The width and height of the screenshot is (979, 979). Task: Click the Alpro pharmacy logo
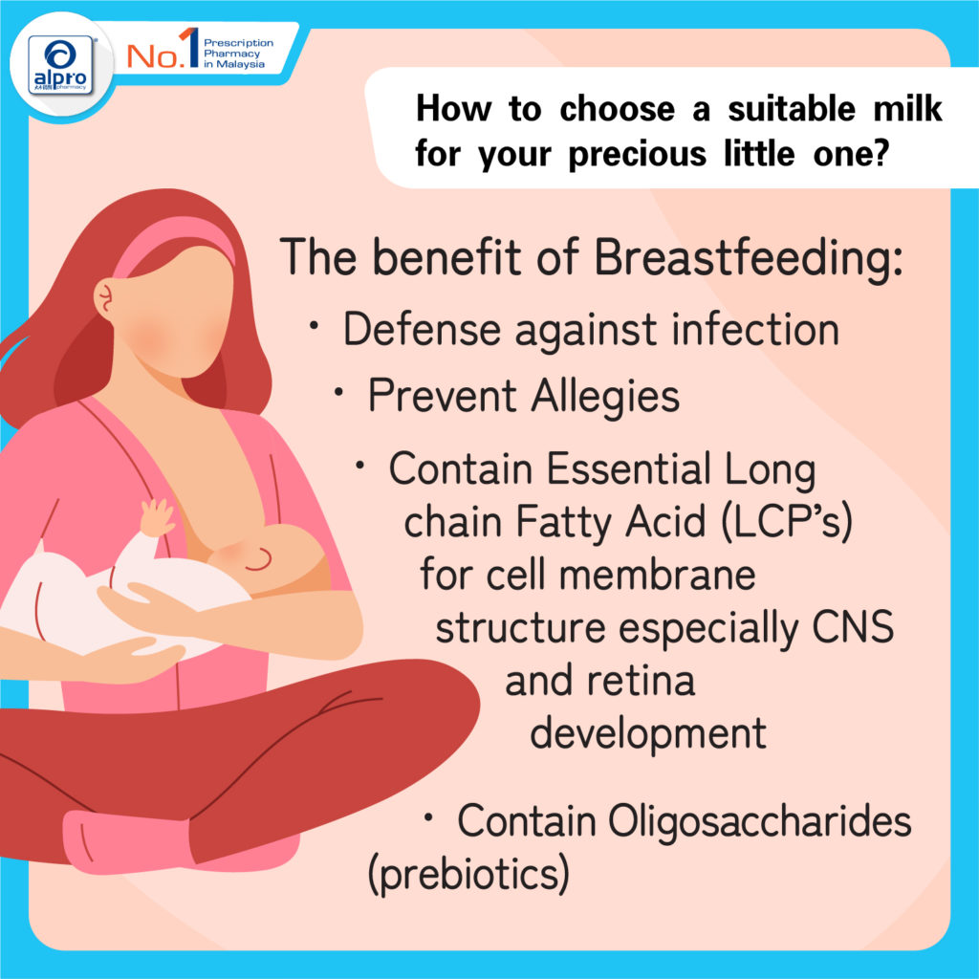pos(60,65)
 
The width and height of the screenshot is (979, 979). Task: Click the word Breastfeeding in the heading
pos(748,257)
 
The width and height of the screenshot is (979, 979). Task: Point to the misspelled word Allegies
pos(605,397)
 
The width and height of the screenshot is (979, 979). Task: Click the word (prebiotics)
pos(468,874)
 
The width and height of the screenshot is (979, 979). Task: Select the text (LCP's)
pos(787,521)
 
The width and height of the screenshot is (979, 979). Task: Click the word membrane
pos(657,574)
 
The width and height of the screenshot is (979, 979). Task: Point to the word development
pos(648,734)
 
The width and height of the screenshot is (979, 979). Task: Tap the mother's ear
pos(106,297)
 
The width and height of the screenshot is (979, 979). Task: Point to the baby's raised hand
pos(156,517)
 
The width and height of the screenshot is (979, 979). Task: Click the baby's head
pos(274,557)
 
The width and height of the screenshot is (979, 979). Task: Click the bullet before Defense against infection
pos(315,325)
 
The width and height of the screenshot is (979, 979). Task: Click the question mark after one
pos(881,152)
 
